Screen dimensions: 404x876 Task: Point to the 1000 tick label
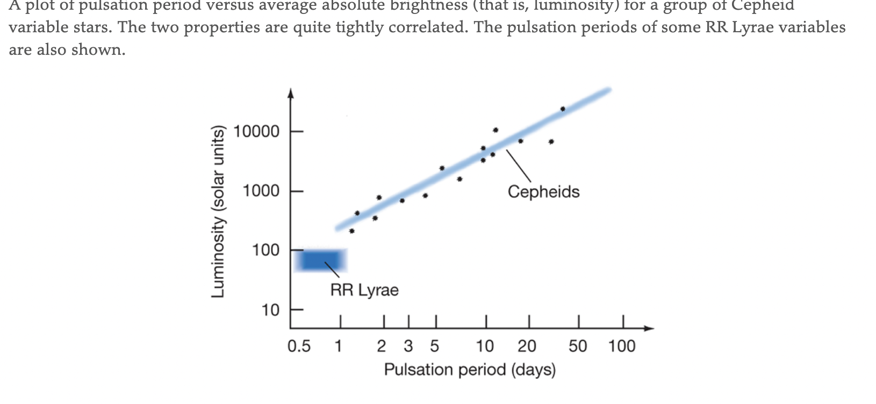[261, 191]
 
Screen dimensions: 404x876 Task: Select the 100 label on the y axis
[265, 250]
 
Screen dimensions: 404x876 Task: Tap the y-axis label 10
[270, 311]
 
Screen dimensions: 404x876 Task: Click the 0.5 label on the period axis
[299, 347]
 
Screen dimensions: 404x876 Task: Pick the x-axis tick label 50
[578, 347]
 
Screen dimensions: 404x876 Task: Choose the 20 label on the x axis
[527, 347]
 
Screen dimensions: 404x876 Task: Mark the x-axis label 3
[408, 347]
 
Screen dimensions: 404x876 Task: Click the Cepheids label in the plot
[543, 192]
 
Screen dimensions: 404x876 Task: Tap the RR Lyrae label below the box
[364, 290]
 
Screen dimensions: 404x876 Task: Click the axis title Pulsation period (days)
[470, 370]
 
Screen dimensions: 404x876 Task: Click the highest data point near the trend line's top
[563, 109]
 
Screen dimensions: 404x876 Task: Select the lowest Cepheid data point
[351, 231]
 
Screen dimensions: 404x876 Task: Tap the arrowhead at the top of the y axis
[291, 93]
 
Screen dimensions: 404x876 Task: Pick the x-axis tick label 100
[622, 347]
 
